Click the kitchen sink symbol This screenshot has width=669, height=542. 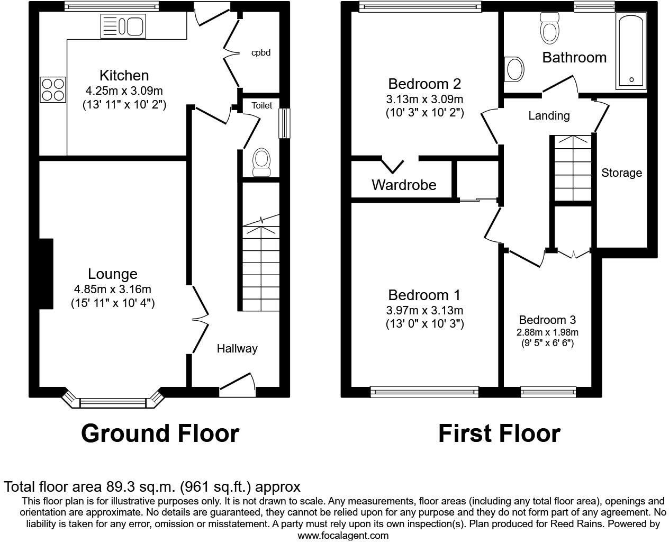click(x=123, y=26)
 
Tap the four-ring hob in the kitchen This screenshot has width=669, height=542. click(x=53, y=89)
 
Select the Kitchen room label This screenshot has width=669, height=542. click(x=124, y=75)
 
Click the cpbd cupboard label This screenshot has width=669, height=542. click(x=261, y=52)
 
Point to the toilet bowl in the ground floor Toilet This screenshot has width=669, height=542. click(x=261, y=161)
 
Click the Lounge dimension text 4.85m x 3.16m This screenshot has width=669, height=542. click(x=113, y=289)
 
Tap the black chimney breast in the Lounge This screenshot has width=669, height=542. click(x=46, y=274)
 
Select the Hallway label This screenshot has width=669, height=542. click(x=237, y=348)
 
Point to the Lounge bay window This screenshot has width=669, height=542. click(x=112, y=402)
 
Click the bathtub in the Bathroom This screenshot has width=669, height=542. click(x=630, y=52)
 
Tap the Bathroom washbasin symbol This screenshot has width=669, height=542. click(x=514, y=69)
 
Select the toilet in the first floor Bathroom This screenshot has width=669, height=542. click(x=549, y=29)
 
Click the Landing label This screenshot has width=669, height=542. click(x=549, y=115)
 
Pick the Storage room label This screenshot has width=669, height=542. click(x=621, y=173)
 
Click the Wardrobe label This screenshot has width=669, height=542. click(x=404, y=185)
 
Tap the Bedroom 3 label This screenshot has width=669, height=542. click(x=547, y=320)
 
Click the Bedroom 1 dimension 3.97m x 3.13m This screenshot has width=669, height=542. click(x=424, y=310)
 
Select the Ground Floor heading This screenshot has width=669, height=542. click(x=160, y=433)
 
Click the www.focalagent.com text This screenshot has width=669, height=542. click(x=342, y=535)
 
